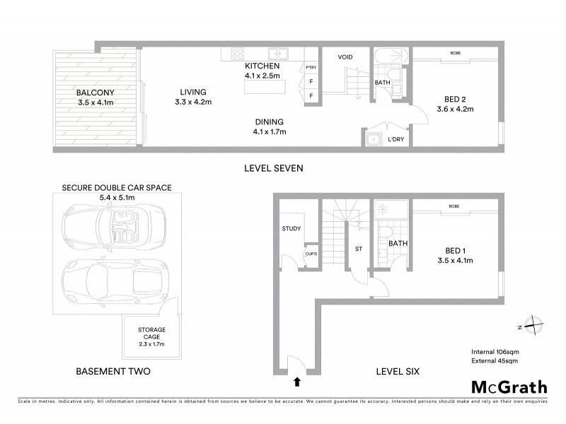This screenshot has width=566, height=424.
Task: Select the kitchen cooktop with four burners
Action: (236, 54)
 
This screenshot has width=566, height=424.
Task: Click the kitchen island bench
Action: (266, 87)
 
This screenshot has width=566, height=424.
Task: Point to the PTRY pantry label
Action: (311, 68)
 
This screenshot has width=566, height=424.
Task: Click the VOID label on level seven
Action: (345, 57)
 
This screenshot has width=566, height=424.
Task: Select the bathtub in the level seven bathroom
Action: (388, 56)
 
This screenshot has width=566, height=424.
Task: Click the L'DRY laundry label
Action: (395, 139)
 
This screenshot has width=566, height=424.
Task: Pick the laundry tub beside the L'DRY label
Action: (373, 139)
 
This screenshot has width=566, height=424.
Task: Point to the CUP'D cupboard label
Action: (310, 254)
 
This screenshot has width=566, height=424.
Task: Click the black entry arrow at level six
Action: (296, 382)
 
